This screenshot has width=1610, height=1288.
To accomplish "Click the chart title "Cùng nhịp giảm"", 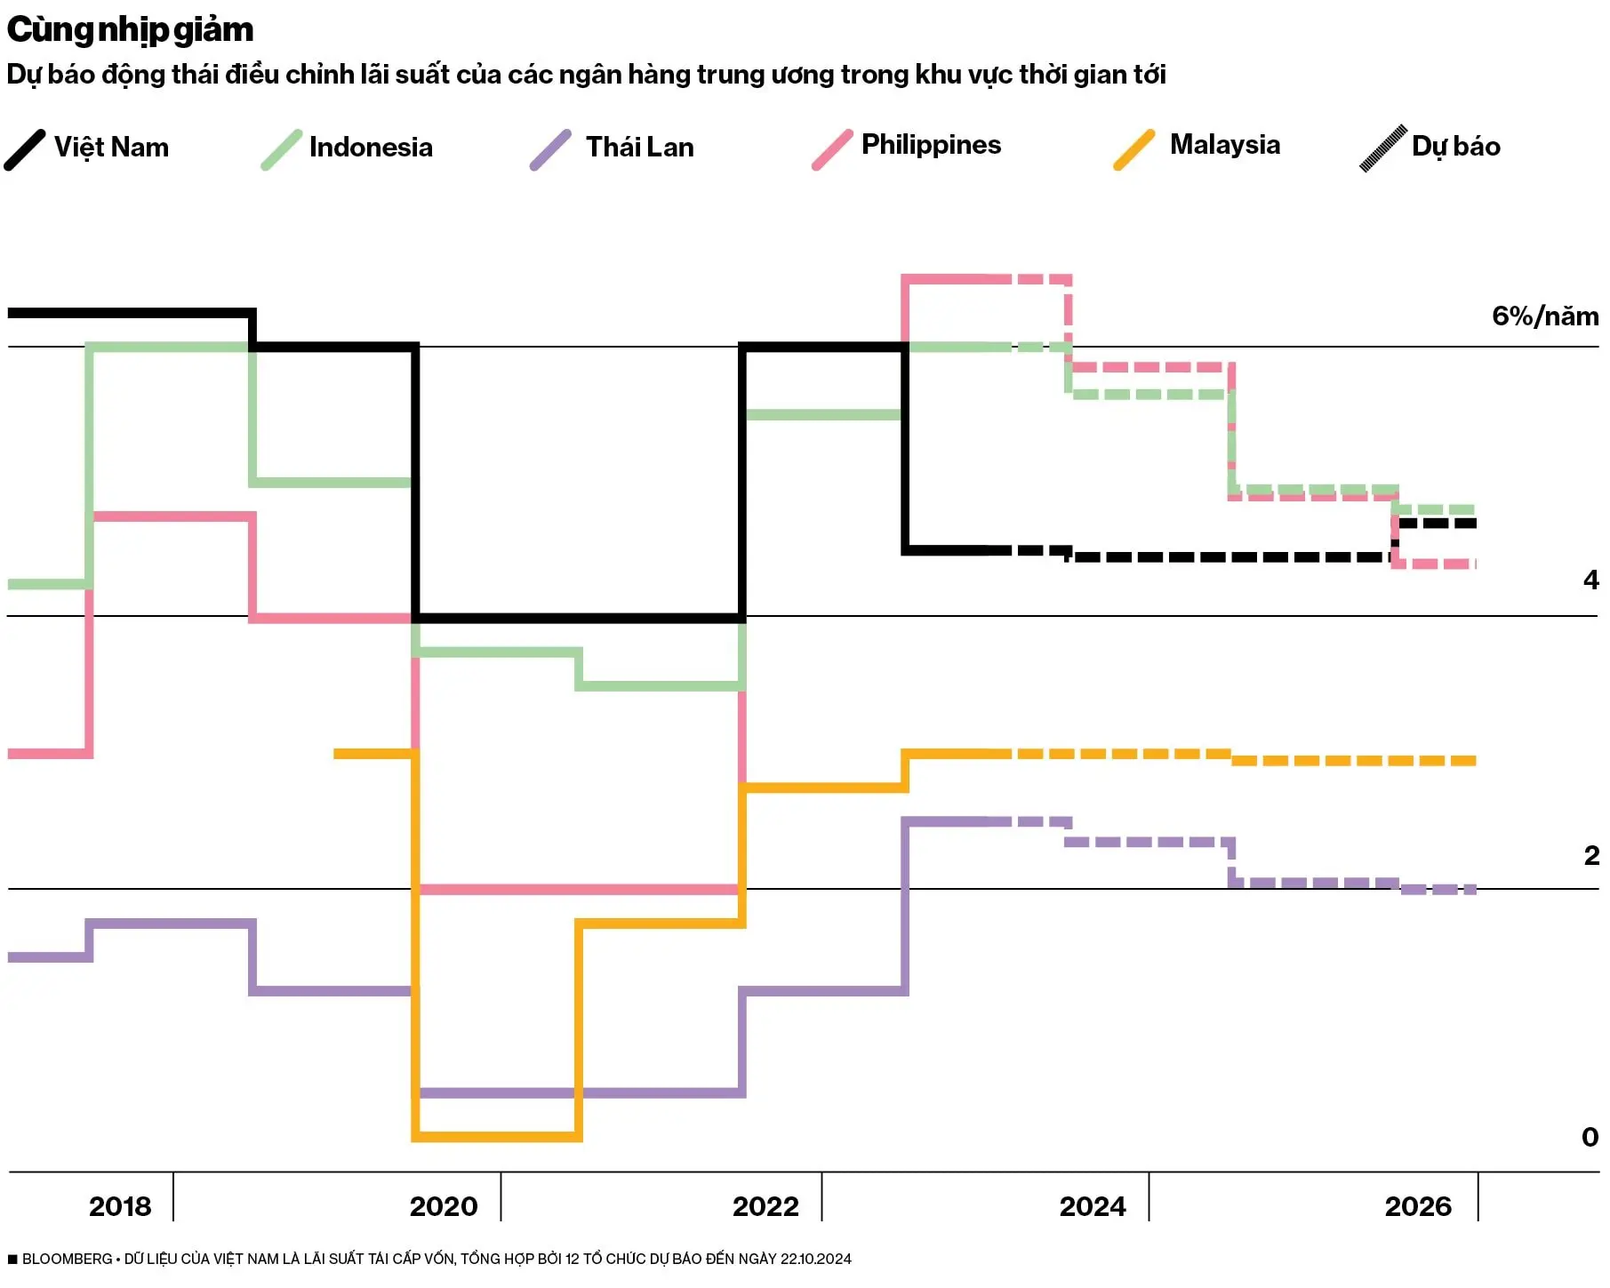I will [x=130, y=30].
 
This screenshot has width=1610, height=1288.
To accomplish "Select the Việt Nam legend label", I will [x=111, y=147].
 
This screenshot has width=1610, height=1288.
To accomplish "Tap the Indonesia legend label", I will [x=371, y=147].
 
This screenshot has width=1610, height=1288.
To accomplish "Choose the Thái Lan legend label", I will [x=639, y=147].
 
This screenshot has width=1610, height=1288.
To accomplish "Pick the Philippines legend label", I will [x=931, y=145].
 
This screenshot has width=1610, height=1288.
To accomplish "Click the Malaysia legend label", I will [x=1224, y=145].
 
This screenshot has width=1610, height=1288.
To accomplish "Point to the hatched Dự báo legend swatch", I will [x=1382, y=148].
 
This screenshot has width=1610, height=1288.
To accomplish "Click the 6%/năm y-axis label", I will [x=1544, y=316].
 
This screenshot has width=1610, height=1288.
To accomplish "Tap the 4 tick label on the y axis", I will [x=1590, y=580].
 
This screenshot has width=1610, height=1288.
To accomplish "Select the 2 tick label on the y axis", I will [x=1590, y=856].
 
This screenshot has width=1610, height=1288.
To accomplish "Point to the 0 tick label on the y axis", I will [x=1590, y=1137].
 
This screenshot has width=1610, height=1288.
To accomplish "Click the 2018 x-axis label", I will [x=120, y=1207].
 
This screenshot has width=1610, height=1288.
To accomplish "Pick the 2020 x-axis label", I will [x=444, y=1207].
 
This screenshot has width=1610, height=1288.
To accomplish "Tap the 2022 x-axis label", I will [x=765, y=1207].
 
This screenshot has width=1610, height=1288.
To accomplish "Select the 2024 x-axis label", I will [x=1093, y=1207].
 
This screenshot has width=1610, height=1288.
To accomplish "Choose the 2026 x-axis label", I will [x=1418, y=1207].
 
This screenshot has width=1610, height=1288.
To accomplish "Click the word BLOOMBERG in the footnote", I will [x=67, y=1260].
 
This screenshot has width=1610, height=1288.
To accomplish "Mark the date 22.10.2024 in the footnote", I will [x=815, y=1260].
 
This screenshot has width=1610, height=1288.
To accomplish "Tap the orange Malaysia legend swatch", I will [x=1134, y=148].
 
